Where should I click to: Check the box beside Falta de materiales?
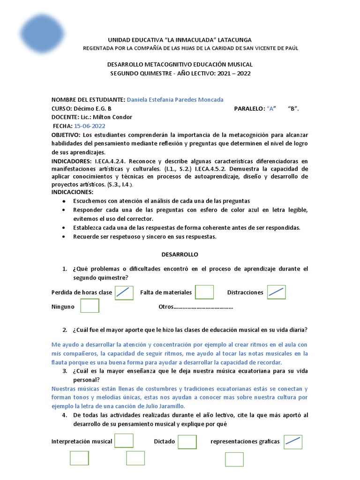204,292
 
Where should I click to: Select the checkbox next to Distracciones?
276,292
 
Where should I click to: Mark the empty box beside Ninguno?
90,306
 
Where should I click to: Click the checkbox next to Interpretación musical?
124,441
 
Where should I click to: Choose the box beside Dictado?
187,442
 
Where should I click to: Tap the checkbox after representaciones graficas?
293,442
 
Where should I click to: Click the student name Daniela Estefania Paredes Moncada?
175,99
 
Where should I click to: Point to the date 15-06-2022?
90,126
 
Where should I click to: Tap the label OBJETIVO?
66,135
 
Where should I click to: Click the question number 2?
65,330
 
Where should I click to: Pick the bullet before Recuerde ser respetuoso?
63,237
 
